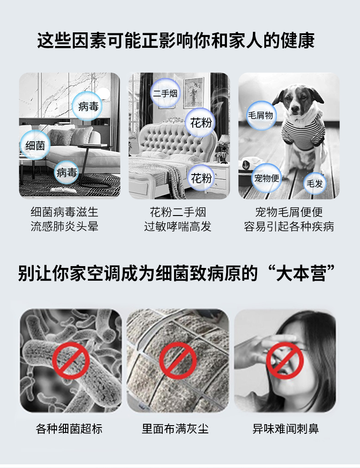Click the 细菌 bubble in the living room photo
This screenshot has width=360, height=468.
point(35,145)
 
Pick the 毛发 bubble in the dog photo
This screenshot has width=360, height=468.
point(314,184)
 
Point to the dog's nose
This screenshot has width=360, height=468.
point(295,109)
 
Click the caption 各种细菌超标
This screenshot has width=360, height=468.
point(69,428)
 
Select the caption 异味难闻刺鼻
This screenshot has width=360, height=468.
point(286,428)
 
